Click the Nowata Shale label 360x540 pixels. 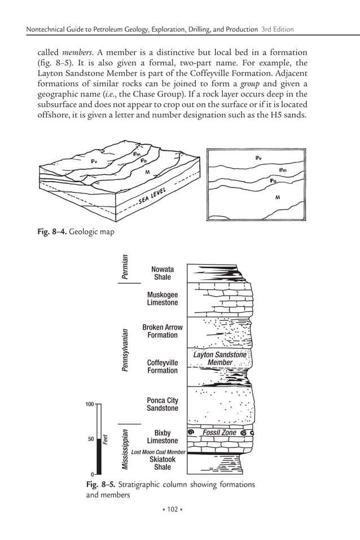(163, 274)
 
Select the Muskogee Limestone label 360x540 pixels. (163, 298)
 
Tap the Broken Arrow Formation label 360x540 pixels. (163, 331)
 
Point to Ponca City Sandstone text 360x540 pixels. (163, 404)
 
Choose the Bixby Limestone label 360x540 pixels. (163, 437)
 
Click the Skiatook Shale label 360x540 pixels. (163, 463)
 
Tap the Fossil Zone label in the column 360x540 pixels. (219, 433)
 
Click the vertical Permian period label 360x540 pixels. (126, 267)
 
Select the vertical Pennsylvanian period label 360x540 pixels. (126, 350)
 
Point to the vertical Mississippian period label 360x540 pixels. (126, 449)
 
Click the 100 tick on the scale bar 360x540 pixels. (89, 405)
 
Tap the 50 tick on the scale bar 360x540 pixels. (90, 438)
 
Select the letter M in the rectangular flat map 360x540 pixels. (277, 198)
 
